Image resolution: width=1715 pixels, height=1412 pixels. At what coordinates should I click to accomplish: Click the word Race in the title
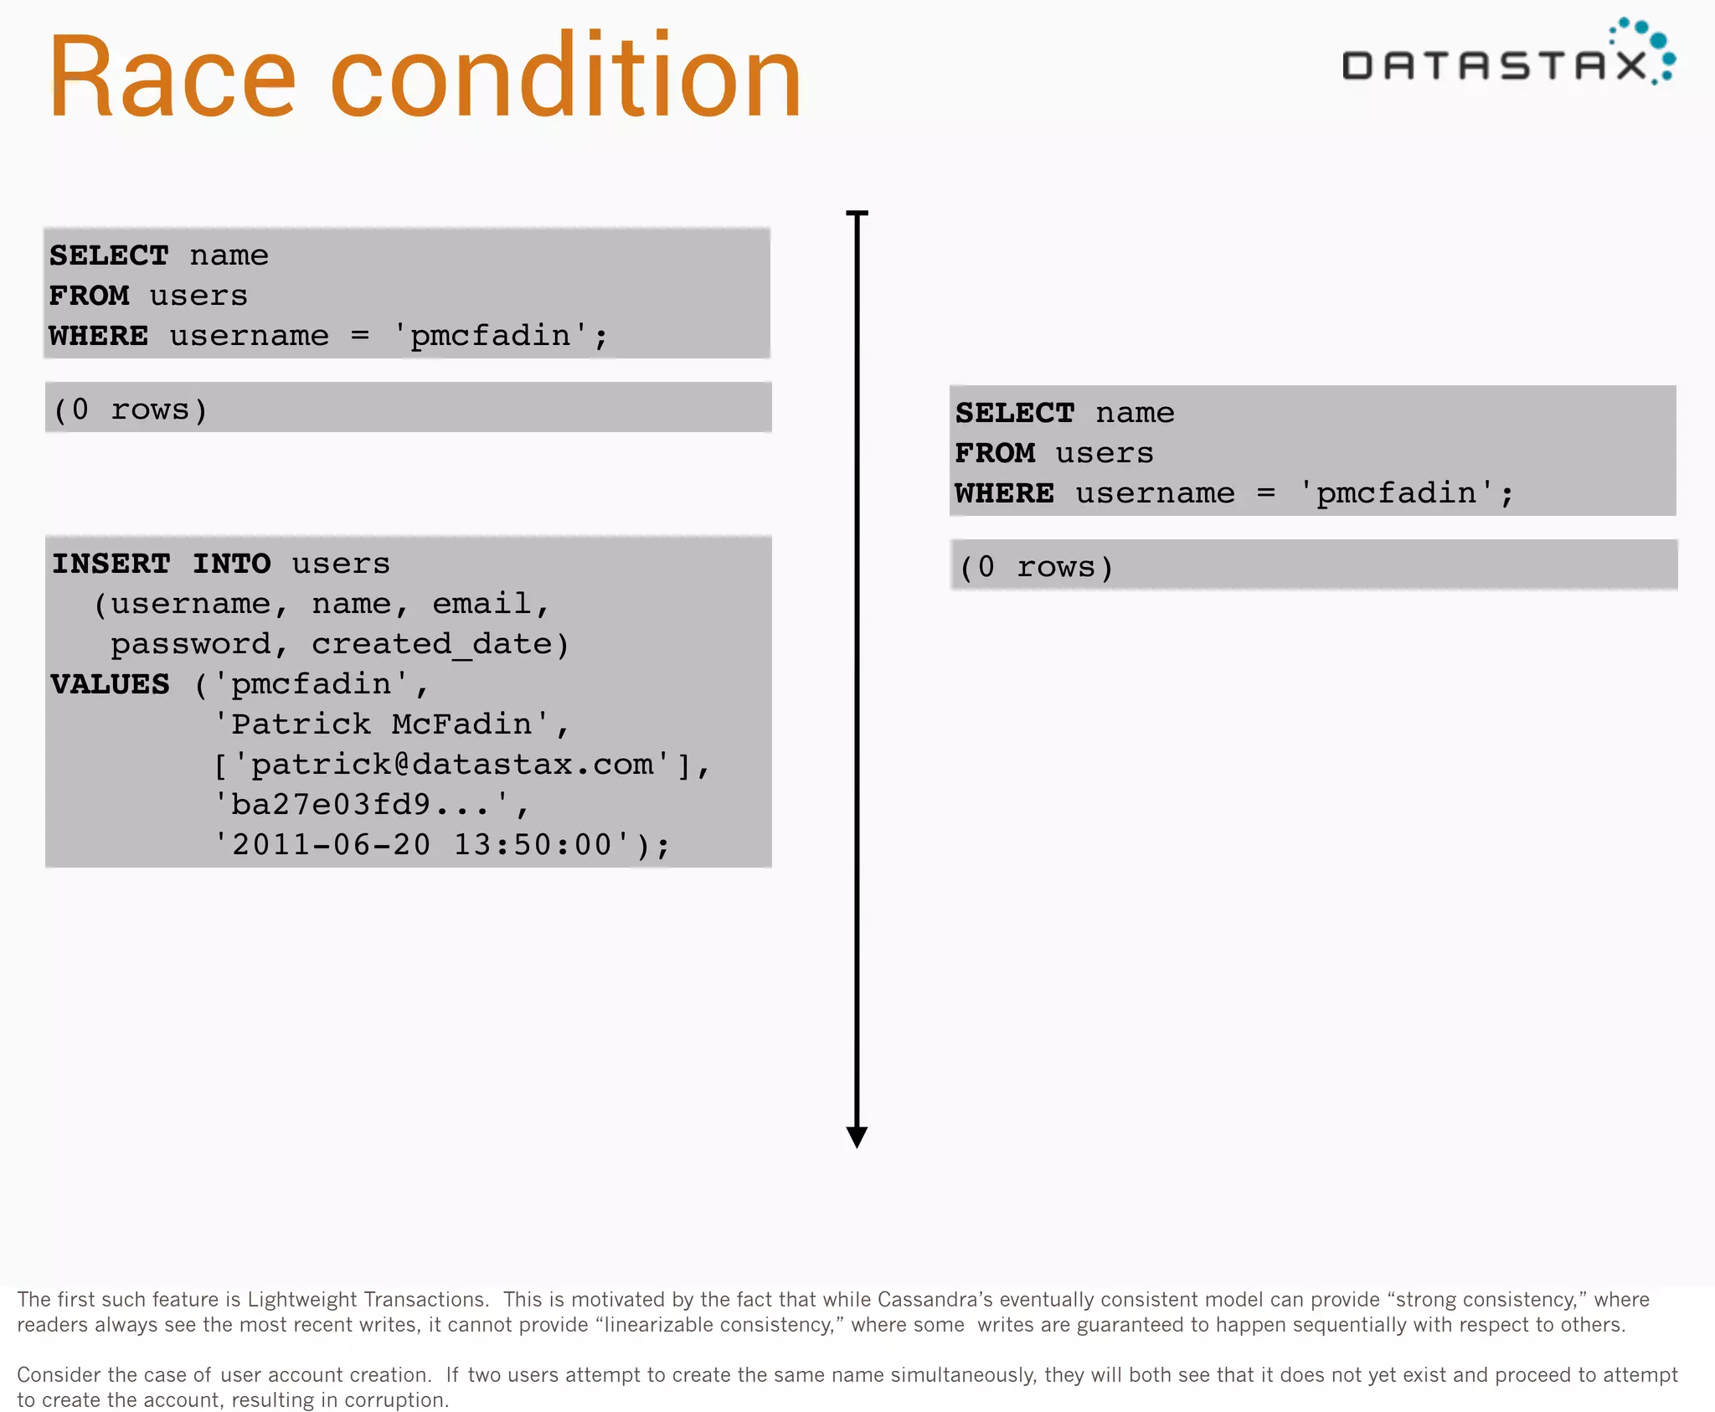coord(173,77)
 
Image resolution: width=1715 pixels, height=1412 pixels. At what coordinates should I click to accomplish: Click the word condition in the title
coord(566,77)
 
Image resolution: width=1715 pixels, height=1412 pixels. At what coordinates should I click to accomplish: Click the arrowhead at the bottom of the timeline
coord(857,1136)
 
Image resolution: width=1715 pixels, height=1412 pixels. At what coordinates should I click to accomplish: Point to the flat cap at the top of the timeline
coord(857,214)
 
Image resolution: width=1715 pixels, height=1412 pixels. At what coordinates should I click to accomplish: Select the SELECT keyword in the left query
coord(109,255)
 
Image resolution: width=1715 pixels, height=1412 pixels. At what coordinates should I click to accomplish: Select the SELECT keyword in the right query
coord(1015,413)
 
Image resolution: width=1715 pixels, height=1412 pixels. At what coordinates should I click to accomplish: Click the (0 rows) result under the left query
coord(130,410)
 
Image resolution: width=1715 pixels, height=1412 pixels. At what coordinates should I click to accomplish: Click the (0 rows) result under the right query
coord(1036,567)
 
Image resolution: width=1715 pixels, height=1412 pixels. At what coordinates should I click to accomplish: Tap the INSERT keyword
coord(111,564)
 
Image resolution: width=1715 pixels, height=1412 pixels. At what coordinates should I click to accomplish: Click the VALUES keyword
coord(110,684)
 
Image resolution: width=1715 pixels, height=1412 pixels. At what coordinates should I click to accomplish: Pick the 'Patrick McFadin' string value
coord(381,724)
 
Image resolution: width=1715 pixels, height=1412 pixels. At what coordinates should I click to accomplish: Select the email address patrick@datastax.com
coord(452,764)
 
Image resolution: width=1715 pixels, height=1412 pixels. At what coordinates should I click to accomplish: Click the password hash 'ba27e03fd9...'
coord(361,804)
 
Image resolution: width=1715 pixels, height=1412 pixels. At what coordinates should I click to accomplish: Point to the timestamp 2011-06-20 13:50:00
coord(422,844)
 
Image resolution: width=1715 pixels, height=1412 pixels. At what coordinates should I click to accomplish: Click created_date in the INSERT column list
coord(432,644)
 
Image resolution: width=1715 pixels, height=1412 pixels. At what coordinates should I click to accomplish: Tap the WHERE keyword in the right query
coord(1004,493)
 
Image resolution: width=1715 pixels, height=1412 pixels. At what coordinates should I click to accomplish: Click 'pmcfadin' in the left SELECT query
coord(491,336)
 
